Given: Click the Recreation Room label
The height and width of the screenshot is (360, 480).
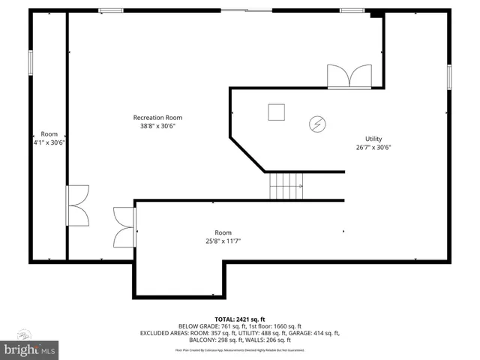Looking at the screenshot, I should (x=157, y=117).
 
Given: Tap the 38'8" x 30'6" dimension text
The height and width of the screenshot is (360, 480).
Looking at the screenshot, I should (x=157, y=126).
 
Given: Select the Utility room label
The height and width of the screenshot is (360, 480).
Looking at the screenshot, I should (x=373, y=139).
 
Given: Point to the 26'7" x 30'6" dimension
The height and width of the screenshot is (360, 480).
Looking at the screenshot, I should (x=373, y=148).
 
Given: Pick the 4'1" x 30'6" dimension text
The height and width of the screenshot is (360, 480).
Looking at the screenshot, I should (x=49, y=142).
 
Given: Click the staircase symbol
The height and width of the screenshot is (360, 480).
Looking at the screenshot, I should (x=286, y=185).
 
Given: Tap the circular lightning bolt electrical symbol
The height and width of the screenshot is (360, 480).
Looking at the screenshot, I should (x=317, y=123).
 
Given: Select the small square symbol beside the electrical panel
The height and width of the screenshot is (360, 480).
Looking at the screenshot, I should (x=277, y=112).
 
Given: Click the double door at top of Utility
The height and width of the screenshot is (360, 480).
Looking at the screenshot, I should (x=349, y=77).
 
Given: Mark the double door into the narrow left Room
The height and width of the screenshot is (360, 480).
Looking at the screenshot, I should (x=77, y=205).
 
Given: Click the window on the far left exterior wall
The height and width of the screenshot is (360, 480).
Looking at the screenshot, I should (x=31, y=62).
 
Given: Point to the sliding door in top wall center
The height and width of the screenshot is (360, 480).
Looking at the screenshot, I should (x=247, y=10).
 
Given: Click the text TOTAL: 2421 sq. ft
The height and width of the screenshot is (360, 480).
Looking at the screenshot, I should (x=239, y=319).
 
